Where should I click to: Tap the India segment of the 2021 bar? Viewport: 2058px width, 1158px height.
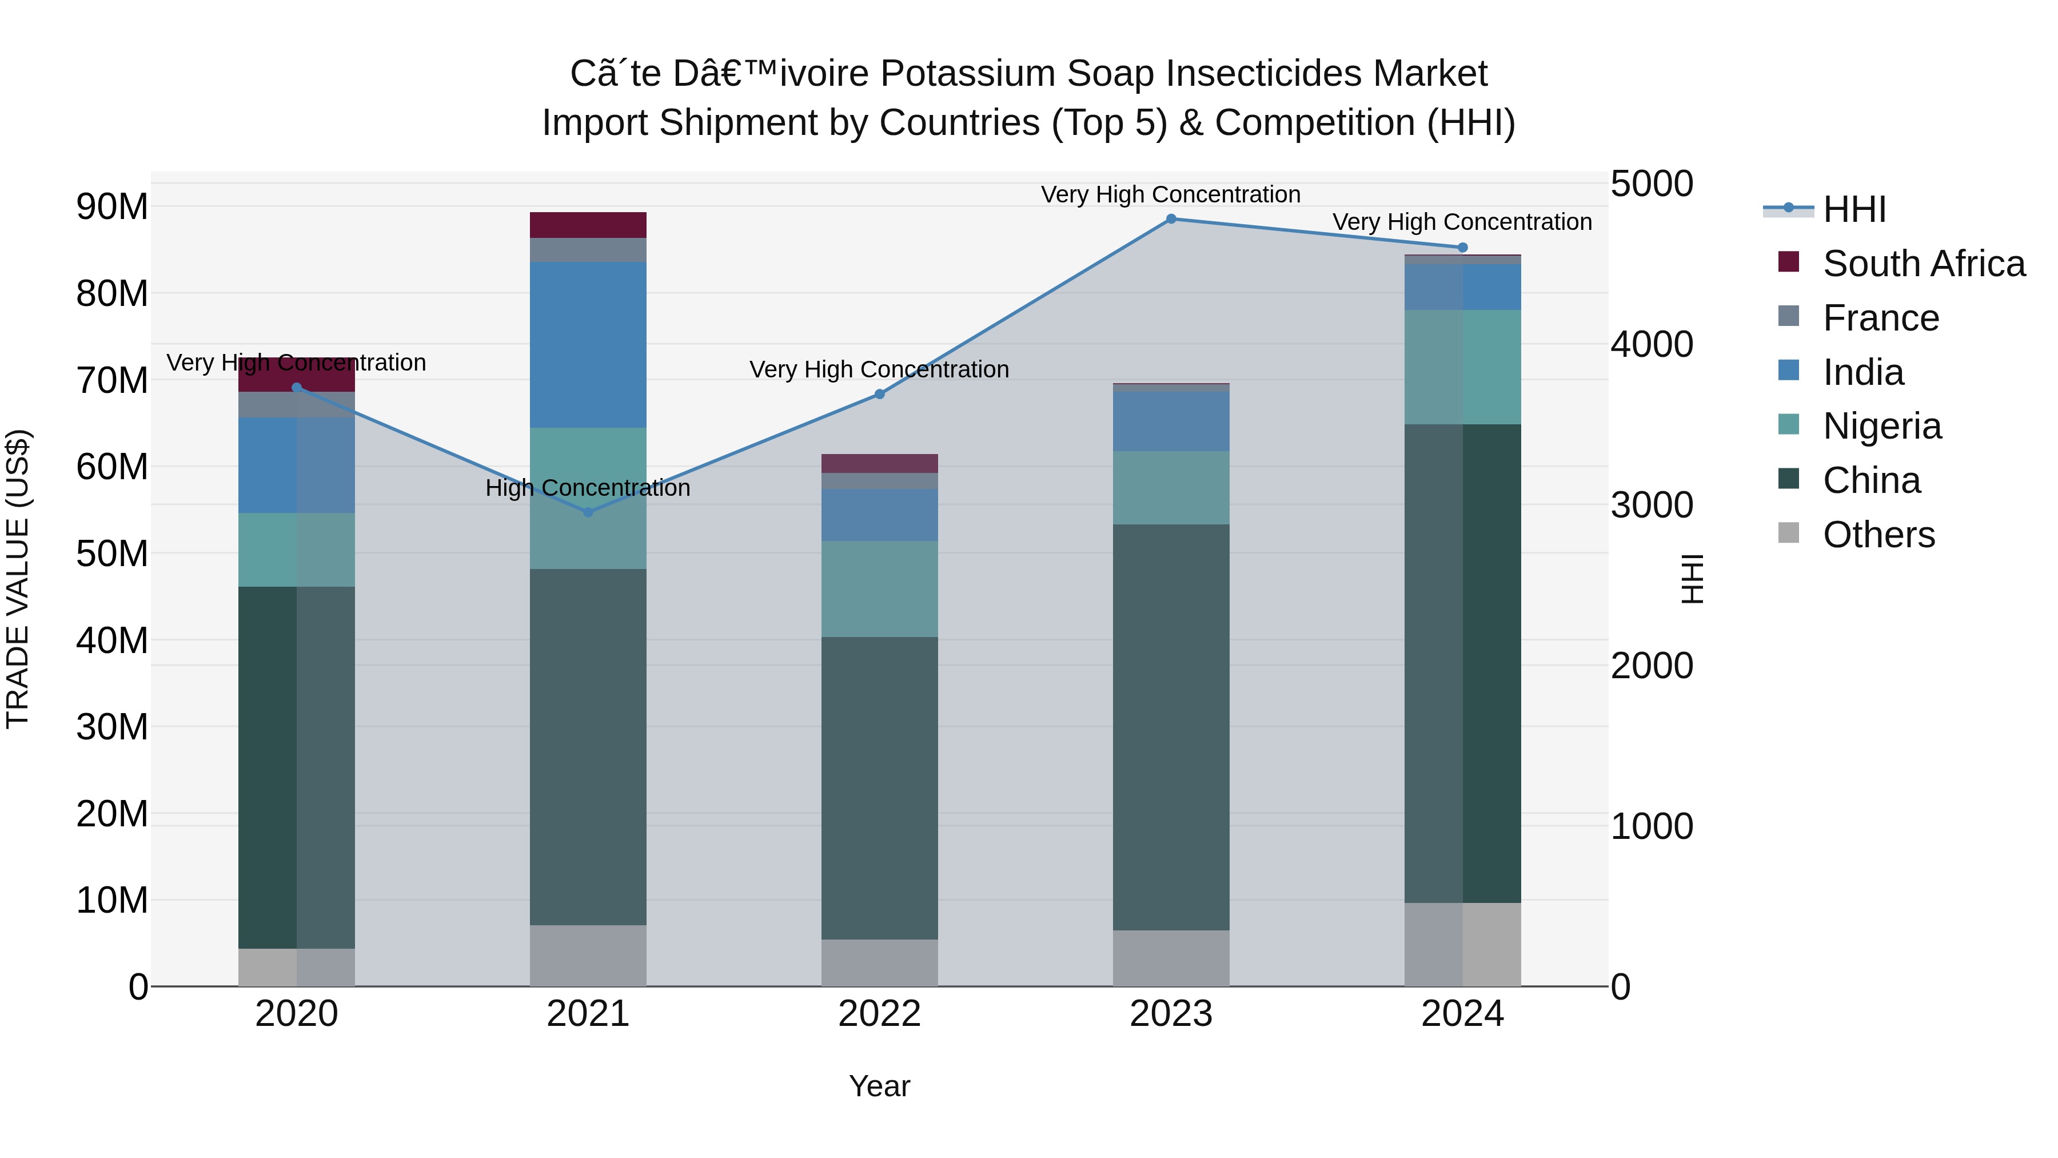point(588,344)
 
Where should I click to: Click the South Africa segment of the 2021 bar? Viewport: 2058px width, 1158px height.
point(588,225)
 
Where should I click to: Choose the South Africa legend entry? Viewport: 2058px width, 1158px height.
point(1923,264)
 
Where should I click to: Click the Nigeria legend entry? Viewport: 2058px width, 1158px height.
point(1881,426)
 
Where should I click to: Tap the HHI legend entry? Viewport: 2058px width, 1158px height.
point(1853,209)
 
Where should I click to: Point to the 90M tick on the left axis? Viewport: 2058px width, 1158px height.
point(112,207)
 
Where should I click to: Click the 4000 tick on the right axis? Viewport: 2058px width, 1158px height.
point(1650,344)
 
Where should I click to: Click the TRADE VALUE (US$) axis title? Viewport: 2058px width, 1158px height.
point(18,579)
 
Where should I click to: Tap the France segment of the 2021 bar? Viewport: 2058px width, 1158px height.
point(588,249)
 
